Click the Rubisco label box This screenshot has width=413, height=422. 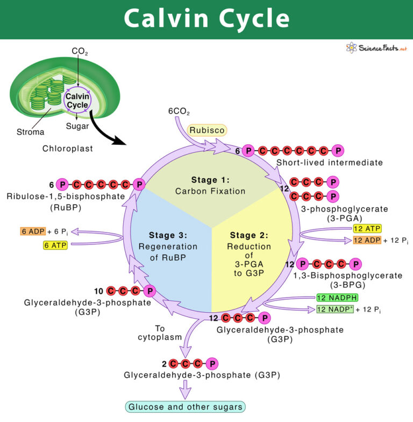coord(207,130)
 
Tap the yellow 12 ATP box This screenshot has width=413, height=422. coord(367,229)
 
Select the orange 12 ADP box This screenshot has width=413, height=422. coord(367,240)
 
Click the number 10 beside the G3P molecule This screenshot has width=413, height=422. coord(98,291)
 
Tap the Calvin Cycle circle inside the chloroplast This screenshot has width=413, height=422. coord(77,100)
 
